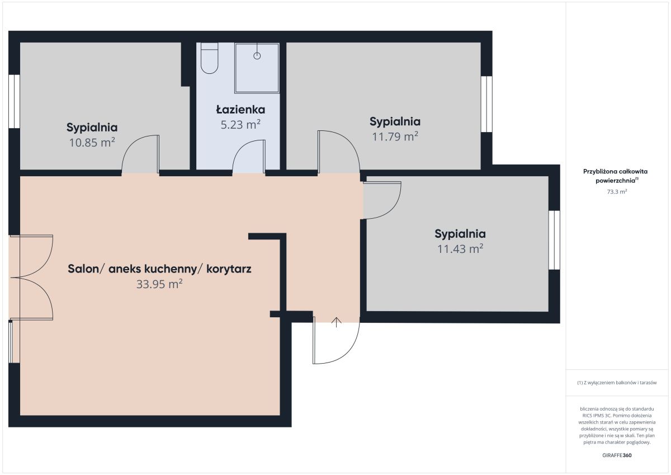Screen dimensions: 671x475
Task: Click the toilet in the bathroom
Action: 209,58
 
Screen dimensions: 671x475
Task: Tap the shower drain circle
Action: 257,56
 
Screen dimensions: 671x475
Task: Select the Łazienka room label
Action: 240,110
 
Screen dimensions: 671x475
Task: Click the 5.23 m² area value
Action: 240,124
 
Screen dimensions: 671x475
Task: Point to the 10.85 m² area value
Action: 92,142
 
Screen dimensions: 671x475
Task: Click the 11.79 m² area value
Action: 395,137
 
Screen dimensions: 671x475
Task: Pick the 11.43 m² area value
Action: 460,249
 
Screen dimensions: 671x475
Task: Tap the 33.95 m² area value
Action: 159,284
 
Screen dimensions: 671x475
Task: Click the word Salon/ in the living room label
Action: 87,269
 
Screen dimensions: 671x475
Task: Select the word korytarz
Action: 229,269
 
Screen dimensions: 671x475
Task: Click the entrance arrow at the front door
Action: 337,322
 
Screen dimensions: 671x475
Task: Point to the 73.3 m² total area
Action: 617,191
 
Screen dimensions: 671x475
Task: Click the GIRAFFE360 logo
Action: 617,455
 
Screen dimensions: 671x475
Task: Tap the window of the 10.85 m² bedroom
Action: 14,101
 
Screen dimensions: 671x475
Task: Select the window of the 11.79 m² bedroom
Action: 486,104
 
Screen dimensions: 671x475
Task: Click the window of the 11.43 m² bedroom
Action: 554,240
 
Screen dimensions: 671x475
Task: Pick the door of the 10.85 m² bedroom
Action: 140,154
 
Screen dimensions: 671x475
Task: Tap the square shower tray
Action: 257,68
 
